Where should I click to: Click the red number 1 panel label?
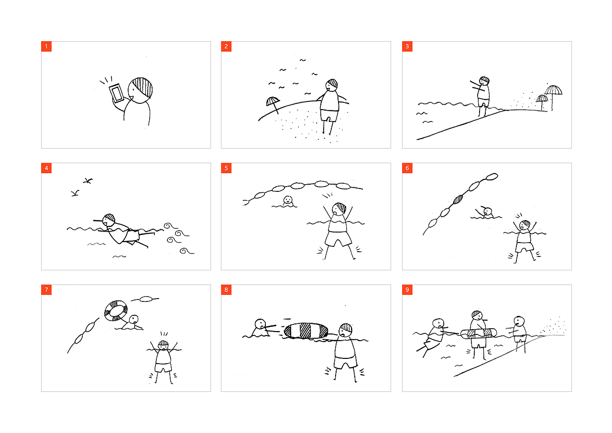point(46,46)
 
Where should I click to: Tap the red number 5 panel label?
point(226,168)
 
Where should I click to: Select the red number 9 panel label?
point(407,290)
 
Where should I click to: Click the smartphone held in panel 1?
point(116,93)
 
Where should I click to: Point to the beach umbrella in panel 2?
point(273,104)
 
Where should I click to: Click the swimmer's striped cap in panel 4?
point(109,217)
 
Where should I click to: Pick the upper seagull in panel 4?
point(87,181)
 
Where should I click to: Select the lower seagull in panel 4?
point(75,193)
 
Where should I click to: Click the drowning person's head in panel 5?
point(287,200)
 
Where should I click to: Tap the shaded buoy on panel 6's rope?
point(458,200)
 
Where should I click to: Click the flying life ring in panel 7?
point(116,311)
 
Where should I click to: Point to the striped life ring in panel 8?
point(306,331)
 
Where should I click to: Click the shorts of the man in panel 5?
point(338,238)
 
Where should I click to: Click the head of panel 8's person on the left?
point(260,324)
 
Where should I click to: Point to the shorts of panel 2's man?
point(329,115)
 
